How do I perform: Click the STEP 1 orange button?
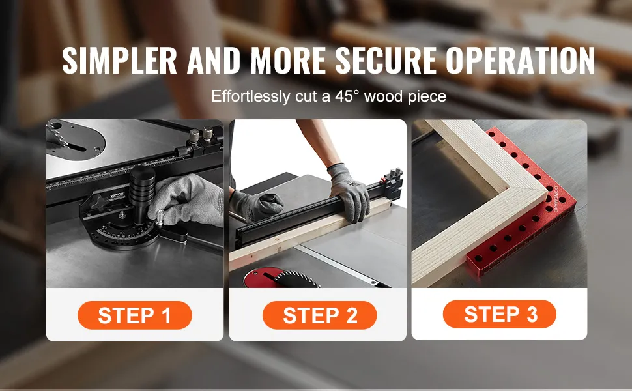135,315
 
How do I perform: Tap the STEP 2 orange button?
320,315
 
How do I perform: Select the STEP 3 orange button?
500,314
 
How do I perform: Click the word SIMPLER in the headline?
119,61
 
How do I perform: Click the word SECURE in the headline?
386,61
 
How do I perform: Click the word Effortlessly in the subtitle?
250,96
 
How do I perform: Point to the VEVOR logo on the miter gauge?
118,195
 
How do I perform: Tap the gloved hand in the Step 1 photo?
186,201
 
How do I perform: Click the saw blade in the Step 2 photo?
296,280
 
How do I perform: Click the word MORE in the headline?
288,61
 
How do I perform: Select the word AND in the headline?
214,61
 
